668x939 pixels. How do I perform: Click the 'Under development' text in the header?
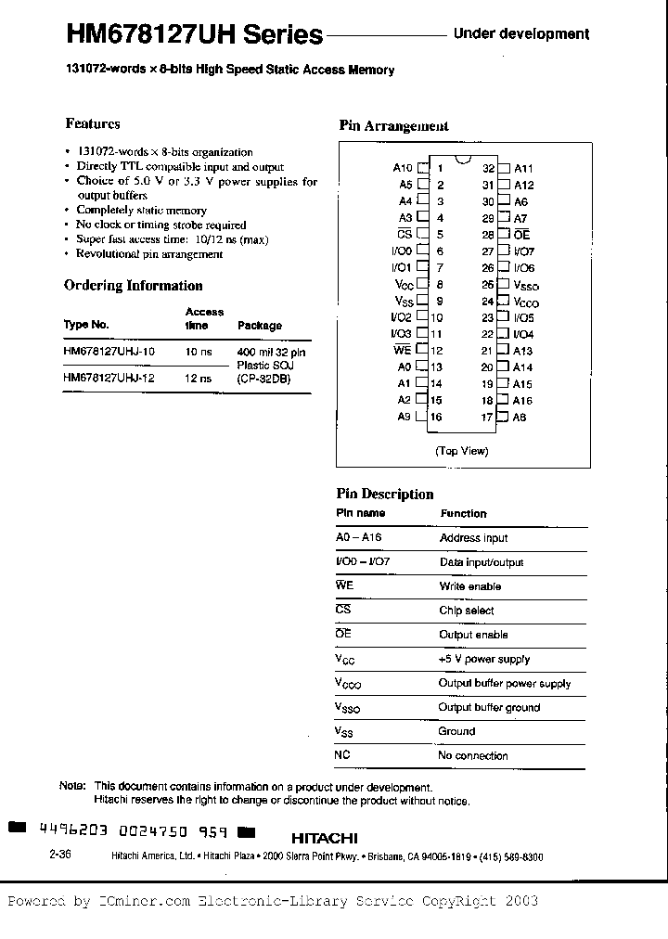click(520, 34)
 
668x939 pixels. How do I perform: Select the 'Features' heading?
click(92, 123)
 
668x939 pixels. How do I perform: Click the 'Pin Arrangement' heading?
click(393, 126)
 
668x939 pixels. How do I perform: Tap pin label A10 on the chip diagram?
click(402, 168)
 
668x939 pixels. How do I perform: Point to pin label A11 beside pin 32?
click(523, 168)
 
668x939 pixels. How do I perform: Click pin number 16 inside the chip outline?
click(436, 417)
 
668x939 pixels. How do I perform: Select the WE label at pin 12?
click(402, 351)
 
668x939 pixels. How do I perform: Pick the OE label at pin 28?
click(521, 235)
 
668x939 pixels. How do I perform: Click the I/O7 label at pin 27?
click(524, 251)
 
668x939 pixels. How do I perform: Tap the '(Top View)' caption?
click(461, 451)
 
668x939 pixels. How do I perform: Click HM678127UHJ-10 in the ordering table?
click(109, 353)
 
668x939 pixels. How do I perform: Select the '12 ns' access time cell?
click(199, 379)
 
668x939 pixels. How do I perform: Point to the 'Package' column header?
click(260, 326)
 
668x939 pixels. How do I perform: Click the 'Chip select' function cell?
click(467, 611)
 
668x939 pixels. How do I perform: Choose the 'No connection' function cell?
click(472, 755)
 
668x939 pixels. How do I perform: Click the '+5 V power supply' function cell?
click(483, 659)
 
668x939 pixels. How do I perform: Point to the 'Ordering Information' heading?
click(133, 286)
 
